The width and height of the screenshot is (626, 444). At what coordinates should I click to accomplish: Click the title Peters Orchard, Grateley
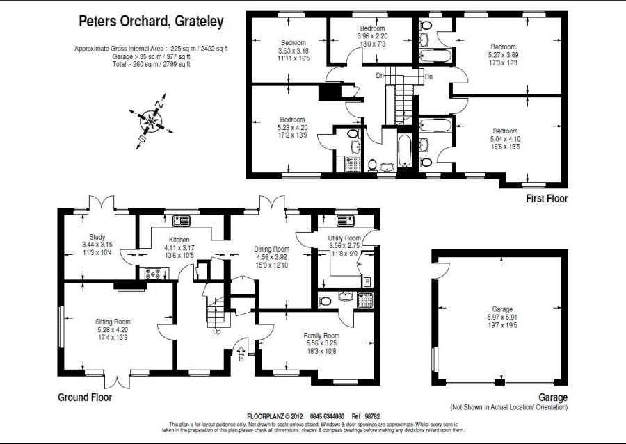151,21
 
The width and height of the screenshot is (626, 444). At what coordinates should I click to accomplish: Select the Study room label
97,237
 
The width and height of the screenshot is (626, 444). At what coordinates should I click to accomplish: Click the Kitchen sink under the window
182,220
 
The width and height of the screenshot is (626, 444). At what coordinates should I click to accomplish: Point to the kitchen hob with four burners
153,274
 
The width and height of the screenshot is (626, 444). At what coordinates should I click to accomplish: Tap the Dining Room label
272,249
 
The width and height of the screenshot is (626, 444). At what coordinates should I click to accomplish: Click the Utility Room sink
345,220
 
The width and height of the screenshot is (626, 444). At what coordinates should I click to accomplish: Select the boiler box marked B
367,281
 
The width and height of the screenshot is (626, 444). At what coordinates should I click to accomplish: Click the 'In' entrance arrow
241,351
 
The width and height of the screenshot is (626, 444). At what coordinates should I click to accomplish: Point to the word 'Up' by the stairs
217,331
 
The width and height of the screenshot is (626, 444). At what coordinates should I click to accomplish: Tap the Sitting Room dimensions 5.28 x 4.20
113,330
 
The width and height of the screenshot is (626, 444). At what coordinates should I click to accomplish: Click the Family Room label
321,336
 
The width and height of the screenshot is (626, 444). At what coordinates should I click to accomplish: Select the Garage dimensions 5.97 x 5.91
502,317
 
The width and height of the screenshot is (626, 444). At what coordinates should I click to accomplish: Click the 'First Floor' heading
547,198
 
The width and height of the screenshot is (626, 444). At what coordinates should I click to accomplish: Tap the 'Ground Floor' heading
85,397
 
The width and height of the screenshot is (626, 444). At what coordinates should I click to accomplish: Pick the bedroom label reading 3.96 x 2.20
373,36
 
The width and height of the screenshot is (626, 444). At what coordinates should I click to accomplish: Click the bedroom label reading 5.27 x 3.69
504,55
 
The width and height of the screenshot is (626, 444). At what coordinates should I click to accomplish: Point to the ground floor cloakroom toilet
325,301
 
